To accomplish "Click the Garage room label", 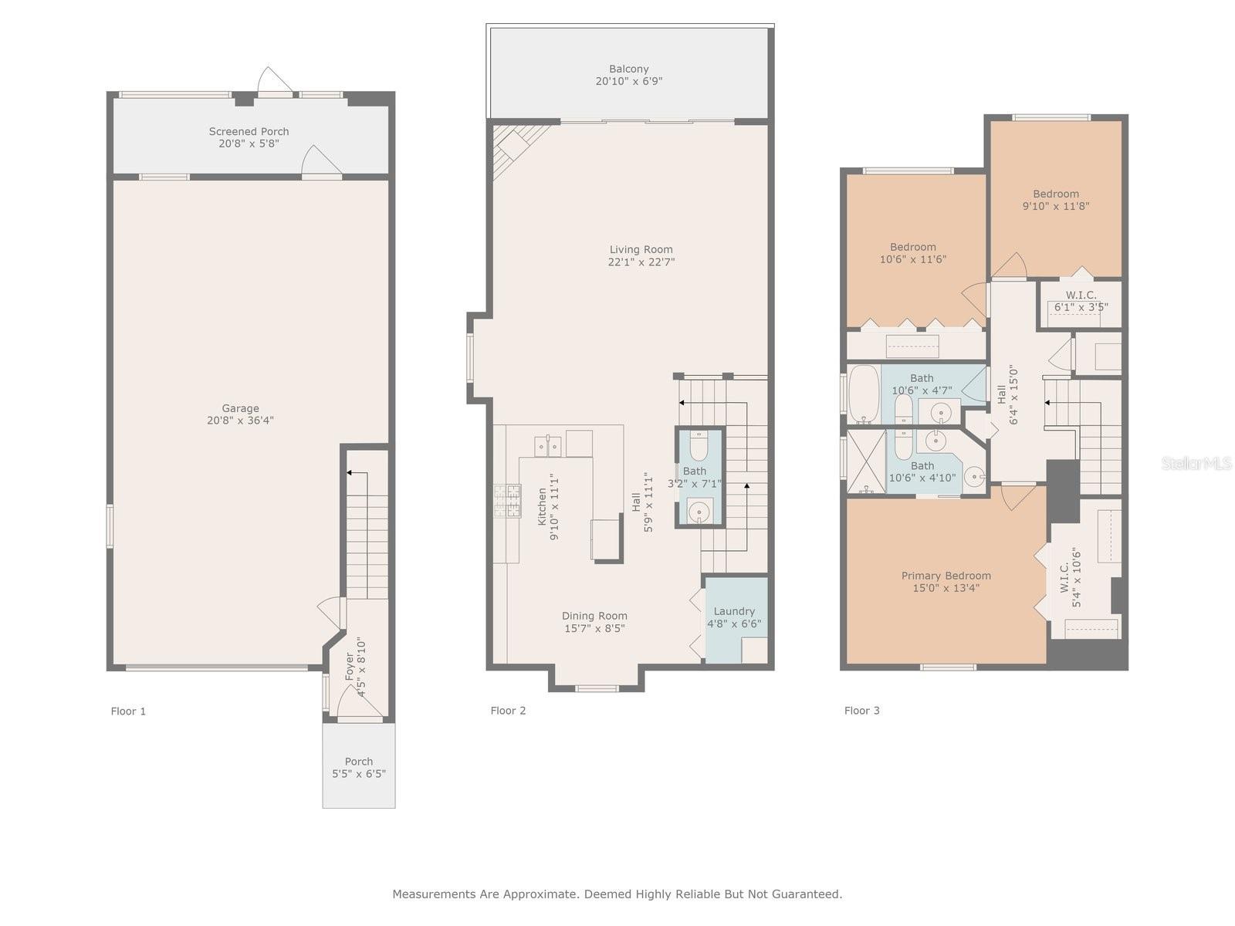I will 240,408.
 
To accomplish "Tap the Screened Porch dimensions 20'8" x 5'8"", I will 249,144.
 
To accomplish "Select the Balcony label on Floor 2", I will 628,69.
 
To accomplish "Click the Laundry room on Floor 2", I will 734,617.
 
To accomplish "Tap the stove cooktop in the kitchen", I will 506,500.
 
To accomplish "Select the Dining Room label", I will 594,616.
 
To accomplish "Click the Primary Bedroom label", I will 946,576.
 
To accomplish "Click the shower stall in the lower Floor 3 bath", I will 866,461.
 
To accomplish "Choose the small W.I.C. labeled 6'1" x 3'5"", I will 1081,301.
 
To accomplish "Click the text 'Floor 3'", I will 861,711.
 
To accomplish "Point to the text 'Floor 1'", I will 128,711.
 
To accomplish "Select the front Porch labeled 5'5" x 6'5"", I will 359,767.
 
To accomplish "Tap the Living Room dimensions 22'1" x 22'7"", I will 641,262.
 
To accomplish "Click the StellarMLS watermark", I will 1196,463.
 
